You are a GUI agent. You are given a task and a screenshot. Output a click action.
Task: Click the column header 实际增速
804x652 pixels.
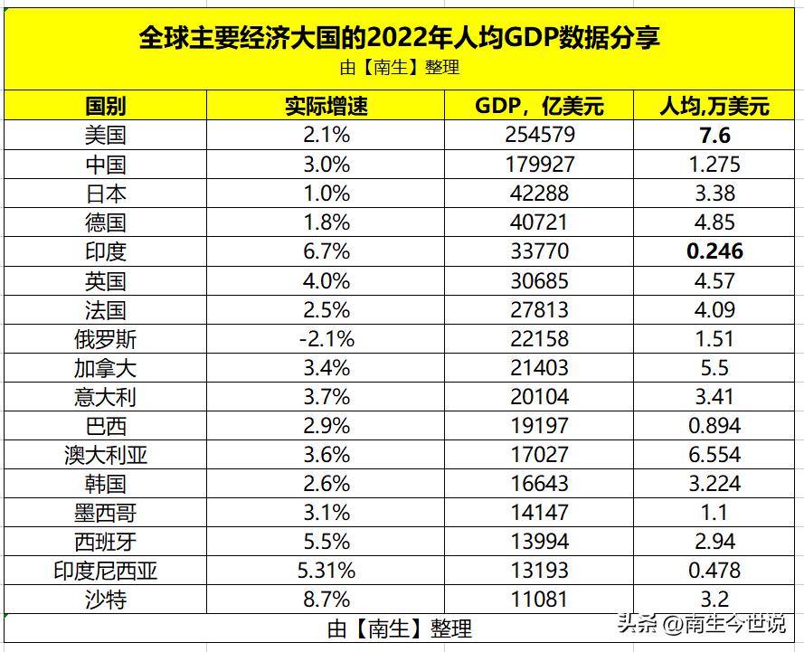pyautogui.click(x=326, y=106)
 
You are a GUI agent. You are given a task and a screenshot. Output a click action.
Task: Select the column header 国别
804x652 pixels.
pyautogui.click(x=105, y=106)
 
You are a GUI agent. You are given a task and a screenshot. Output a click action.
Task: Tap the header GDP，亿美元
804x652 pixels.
pyautogui.click(x=539, y=106)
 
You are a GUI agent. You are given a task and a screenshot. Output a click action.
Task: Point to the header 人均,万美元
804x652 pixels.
pyautogui.click(x=714, y=106)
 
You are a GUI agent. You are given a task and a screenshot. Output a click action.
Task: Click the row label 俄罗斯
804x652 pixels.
pyautogui.click(x=105, y=338)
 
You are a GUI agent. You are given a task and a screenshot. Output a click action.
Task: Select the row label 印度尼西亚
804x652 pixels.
pyautogui.click(x=105, y=570)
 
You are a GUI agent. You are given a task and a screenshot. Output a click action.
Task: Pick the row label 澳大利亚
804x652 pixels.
pyautogui.click(x=105, y=454)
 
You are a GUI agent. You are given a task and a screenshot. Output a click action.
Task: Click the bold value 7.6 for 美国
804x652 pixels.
pyautogui.click(x=714, y=136)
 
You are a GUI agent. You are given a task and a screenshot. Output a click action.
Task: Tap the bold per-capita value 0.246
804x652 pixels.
pyautogui.click(x=714, y=251)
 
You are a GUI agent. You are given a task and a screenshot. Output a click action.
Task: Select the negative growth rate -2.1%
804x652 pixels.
pyautogui.click(x=326, y=338)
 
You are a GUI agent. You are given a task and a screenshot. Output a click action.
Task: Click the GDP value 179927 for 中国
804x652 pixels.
pyautogui.click(x=539, y=165)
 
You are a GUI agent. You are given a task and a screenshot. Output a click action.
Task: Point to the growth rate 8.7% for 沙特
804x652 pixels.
pyautogui.click(x=326, y=599)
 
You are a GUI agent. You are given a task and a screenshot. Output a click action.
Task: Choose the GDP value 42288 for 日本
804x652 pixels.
pyautogui.click(x=539, y=194)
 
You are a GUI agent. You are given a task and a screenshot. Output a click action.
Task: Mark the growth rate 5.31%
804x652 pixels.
pyautogui.click(x=326, y=570)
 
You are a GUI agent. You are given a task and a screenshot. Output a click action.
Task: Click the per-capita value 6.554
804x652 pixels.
pyautogui.click(x=714, y=454)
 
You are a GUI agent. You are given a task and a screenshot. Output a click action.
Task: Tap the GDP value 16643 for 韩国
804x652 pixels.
pyautogui.click(x=539, y=483)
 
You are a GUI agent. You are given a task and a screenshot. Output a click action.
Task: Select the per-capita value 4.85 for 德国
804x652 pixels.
pyautogui.click(x=714, y=222)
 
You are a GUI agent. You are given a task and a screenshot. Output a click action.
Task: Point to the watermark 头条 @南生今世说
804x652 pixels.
pyautogui.click(x=702, y=625)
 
